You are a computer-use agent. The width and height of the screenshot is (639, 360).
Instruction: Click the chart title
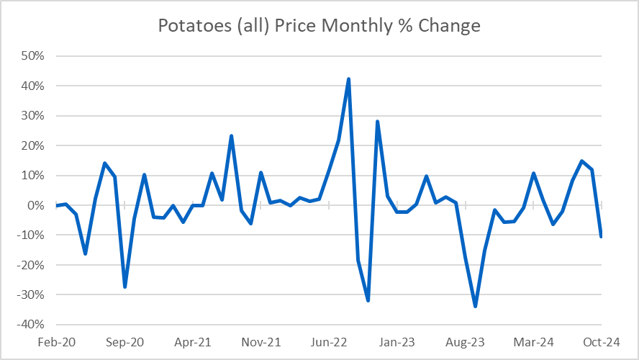319,26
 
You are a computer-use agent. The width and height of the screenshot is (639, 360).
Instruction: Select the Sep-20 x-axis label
124,342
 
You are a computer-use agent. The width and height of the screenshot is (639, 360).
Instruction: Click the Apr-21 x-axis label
193,342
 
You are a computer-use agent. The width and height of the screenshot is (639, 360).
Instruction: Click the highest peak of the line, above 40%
348,79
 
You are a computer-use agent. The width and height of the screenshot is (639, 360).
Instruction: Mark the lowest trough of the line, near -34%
475,307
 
